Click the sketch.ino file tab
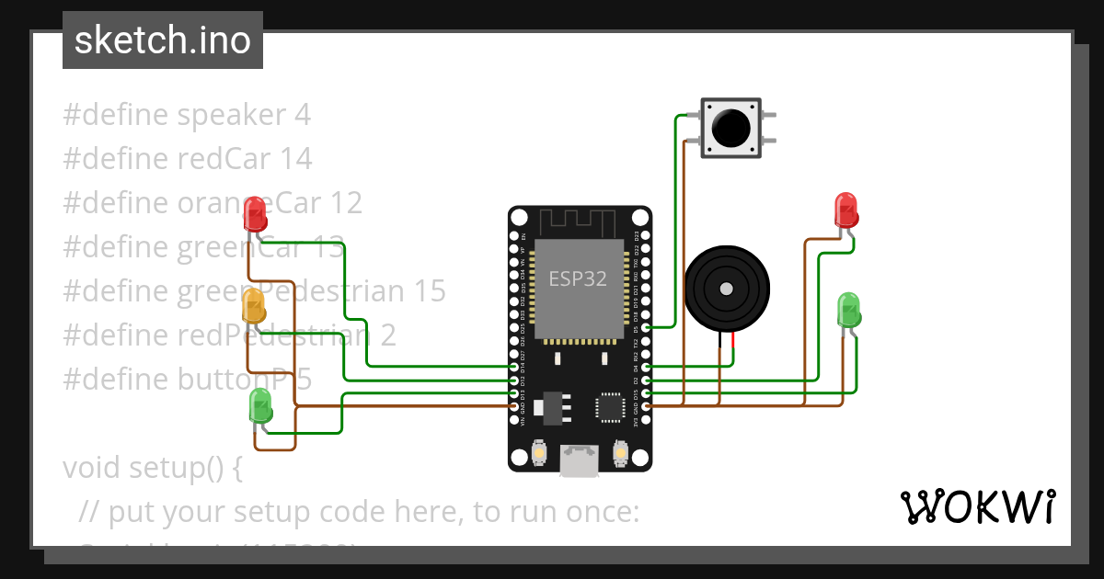pos(163,40)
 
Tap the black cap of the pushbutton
pos(731,127)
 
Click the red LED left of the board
pos(255,213)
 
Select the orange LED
pos(254,305)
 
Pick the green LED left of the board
pos(260,405)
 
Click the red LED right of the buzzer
pos(845,210)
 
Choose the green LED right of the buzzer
pos(848,310)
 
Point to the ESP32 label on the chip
pos(578,279)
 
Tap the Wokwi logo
pos(977,506)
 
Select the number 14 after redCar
pos(296,159)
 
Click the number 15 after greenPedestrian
pos(429,291)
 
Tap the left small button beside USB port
pos(540,453)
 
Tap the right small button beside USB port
pos(619,453)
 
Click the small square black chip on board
pos(611,407)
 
